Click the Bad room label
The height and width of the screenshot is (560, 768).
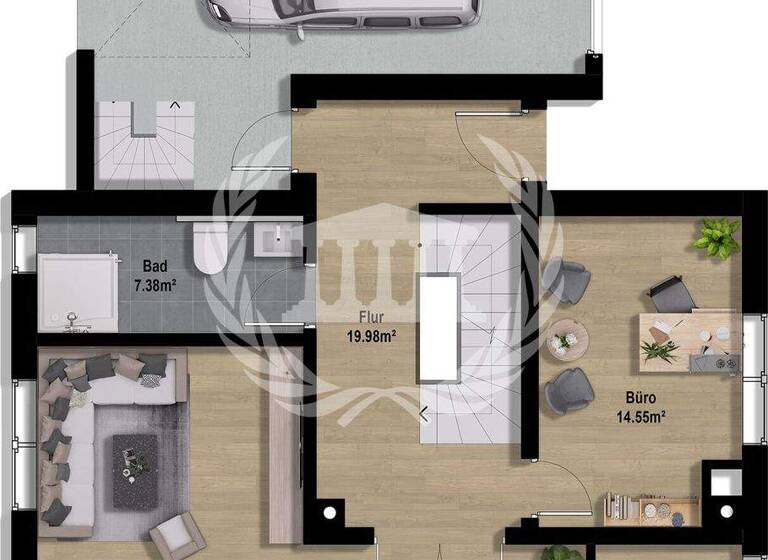point(154,267)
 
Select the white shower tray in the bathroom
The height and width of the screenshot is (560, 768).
point(76,289)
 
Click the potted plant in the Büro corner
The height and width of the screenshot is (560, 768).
point(718,238)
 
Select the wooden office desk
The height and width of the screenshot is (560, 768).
point(690,341)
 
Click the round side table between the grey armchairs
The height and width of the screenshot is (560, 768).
point(565,338)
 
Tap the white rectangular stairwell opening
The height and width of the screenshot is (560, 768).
point(439,327)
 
